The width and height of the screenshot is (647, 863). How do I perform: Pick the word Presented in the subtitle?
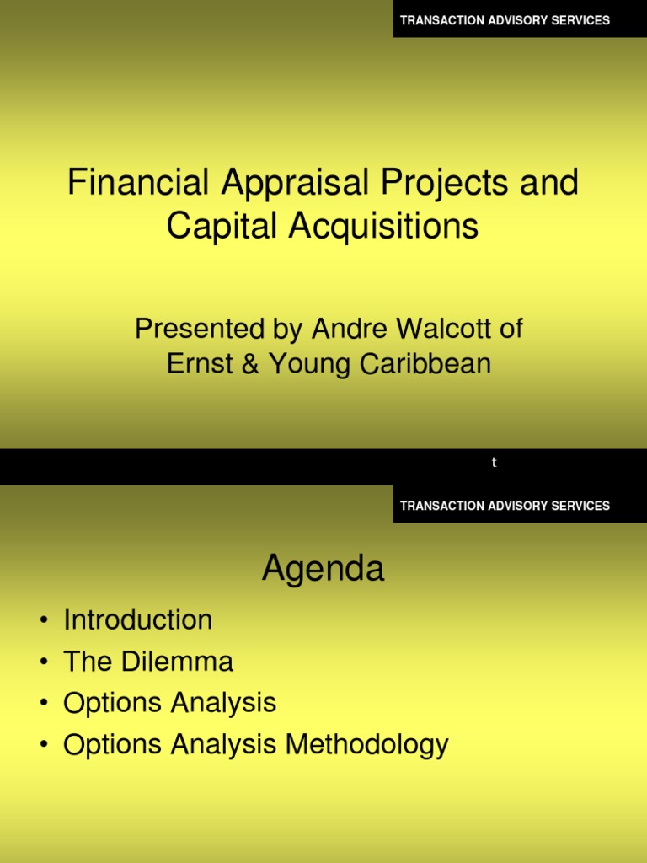pos(191,330)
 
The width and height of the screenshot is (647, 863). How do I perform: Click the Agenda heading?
pos(323,570)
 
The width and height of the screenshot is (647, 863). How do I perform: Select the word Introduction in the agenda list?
pos(138,620)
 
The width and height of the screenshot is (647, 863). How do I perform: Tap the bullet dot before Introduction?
pos(44,622)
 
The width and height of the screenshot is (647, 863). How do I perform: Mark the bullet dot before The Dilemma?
pos(44,663)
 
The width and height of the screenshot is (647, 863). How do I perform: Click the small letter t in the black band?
pos(495,463)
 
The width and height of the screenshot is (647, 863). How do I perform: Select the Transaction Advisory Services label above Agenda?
pos(505,506)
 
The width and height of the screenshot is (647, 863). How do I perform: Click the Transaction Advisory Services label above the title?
pos(505,20)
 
